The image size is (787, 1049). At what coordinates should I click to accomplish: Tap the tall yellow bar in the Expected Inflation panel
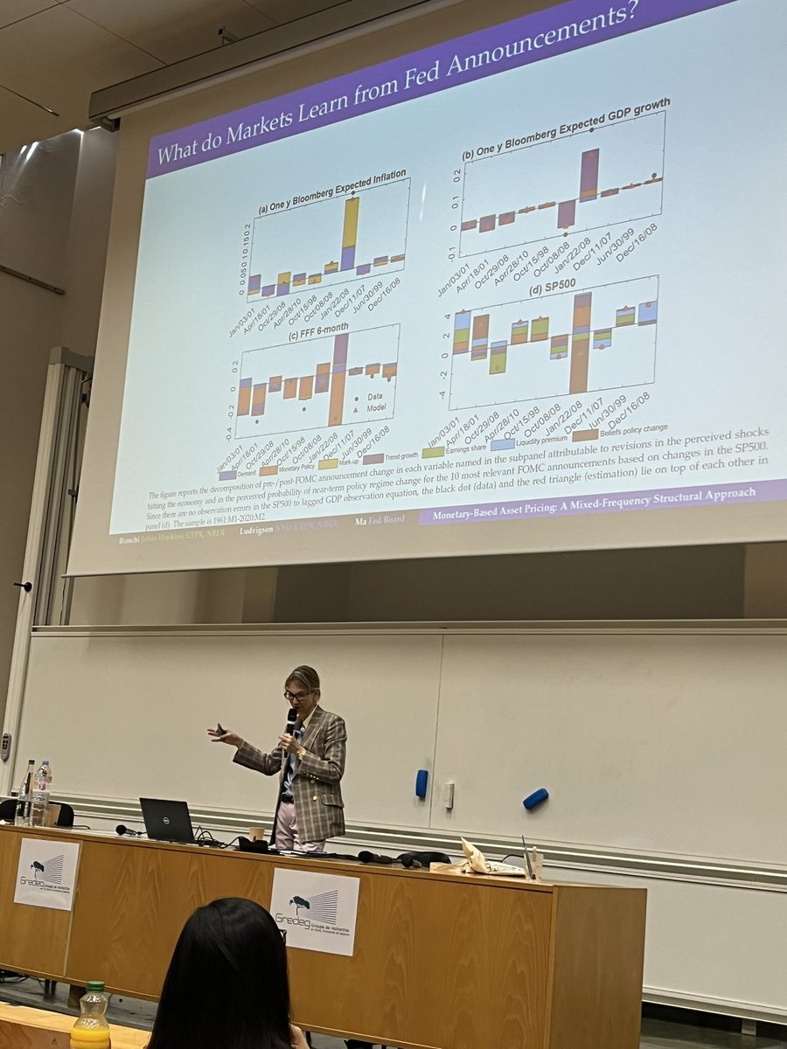click(350, 224)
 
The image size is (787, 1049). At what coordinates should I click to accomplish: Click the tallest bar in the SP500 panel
click(580, 342)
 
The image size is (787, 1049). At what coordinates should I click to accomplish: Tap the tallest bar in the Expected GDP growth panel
click(589, 174)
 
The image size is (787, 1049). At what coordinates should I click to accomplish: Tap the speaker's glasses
click(296, 695)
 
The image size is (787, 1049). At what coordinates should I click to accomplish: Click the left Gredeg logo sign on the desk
click(46, 872)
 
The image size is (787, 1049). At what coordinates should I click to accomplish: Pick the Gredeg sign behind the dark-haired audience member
click(315, 910)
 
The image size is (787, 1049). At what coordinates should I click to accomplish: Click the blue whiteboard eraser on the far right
click(535, 798)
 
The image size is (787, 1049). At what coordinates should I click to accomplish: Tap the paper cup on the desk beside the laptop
click(256, 833)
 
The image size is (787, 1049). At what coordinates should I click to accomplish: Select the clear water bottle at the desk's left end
click(41, 793)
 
